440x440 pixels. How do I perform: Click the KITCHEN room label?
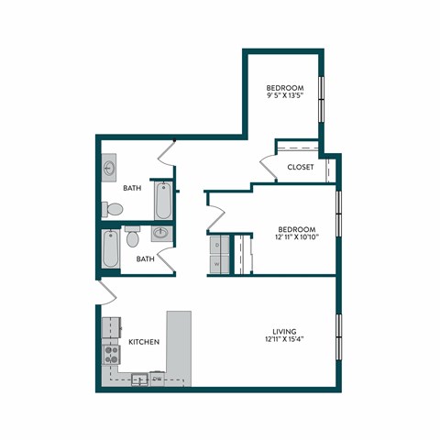(x=145, y=342)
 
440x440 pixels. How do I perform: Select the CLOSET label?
(x=301, y=167)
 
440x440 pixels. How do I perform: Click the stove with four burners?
(x=111, y=353)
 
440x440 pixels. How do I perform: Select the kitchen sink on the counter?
(x=140, y=379)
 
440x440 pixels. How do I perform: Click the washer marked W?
(x=217, y=262)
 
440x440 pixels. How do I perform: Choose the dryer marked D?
(x=217, y=246)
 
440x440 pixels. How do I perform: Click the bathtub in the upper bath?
(x=163, y=199)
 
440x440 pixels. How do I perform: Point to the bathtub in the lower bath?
(x=110, y=249)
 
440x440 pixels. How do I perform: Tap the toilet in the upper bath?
(x=111, y=210)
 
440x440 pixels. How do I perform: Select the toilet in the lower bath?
(x=133, y=238)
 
